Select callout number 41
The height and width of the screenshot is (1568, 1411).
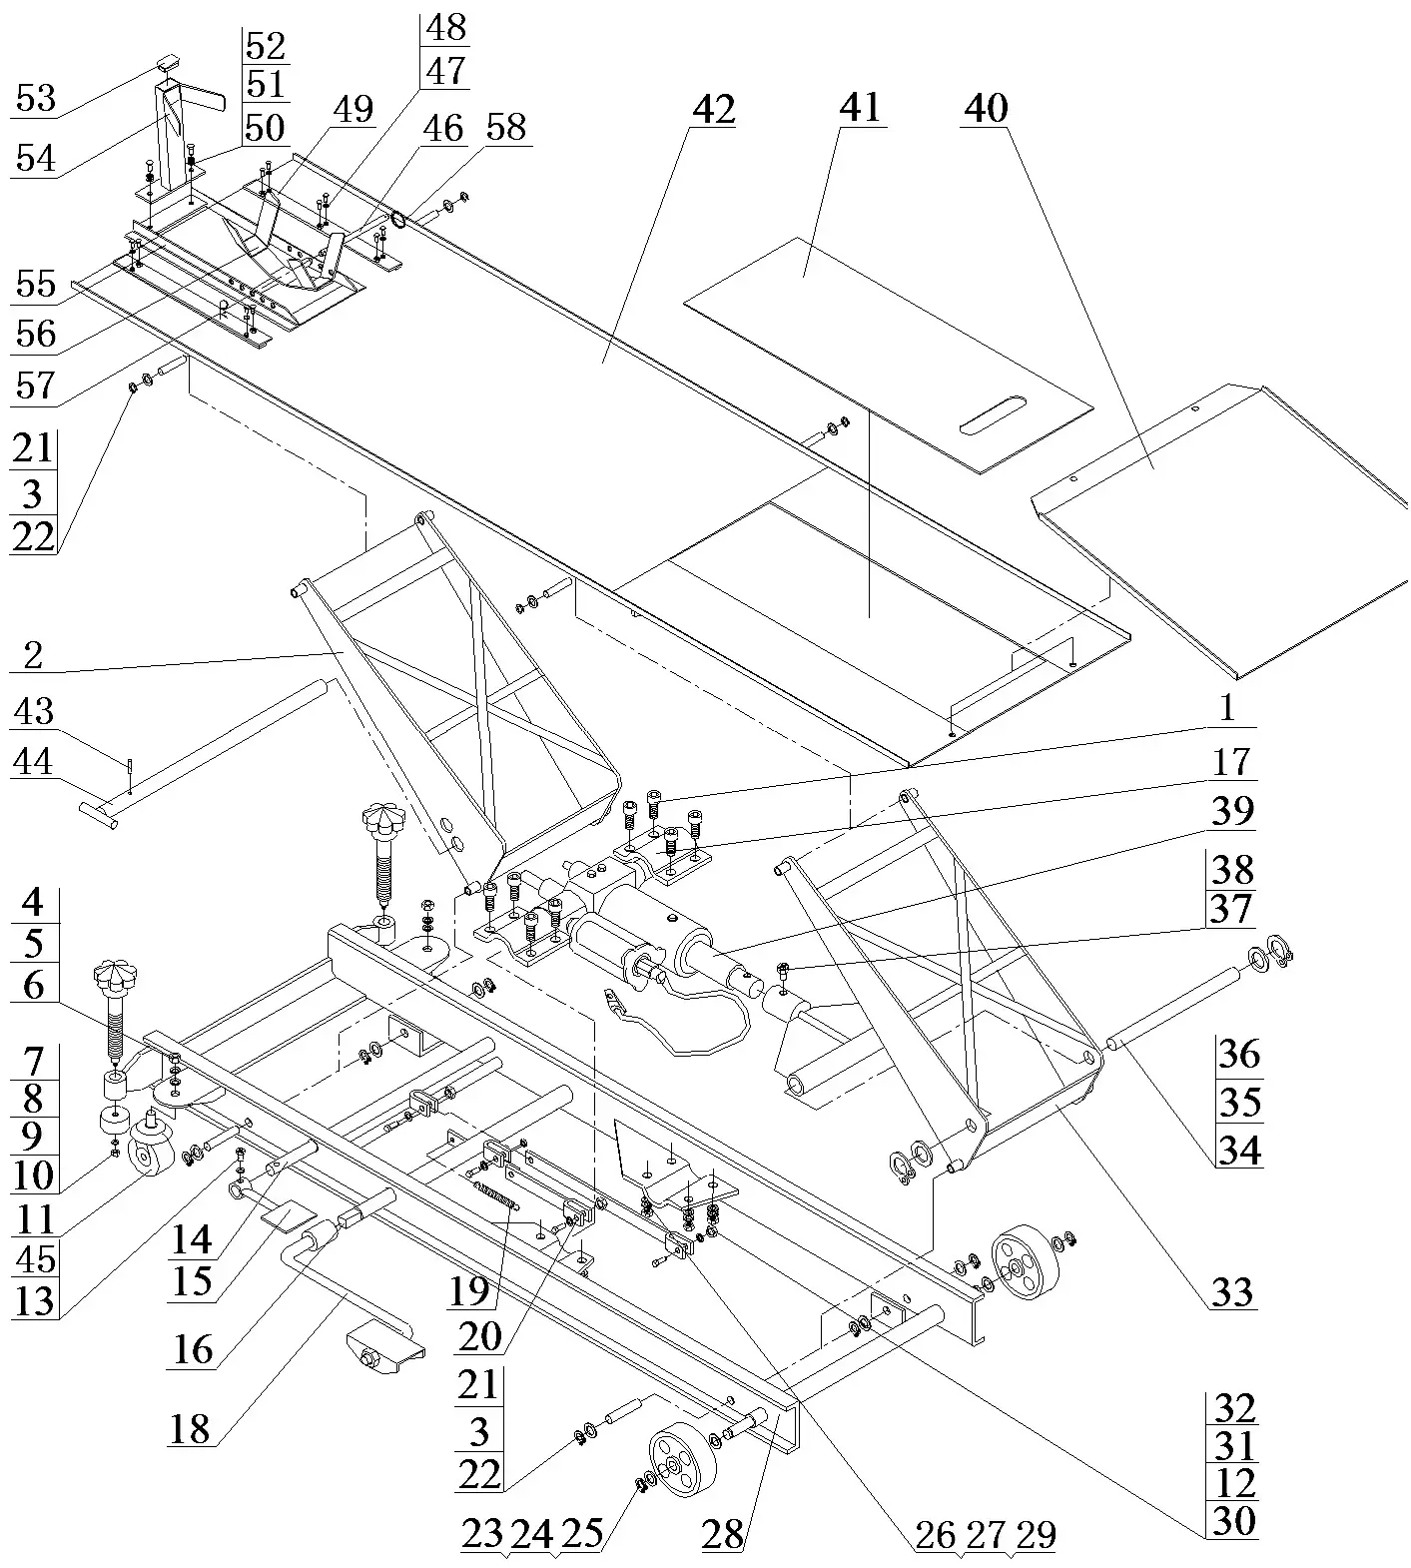tap(860, 106)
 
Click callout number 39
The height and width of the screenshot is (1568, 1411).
tap(1231, 811)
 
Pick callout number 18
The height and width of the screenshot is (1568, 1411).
tap(190, 1428)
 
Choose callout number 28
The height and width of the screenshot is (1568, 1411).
tap(722, 1534)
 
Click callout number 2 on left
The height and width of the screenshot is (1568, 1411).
tap(33, 656)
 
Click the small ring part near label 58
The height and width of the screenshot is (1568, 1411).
tap(399, 219)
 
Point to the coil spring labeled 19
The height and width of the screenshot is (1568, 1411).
tap(496, 1195)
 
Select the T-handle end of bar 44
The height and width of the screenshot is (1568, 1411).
tap(97, 814)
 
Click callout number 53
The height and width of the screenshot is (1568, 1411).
tap(35, 99)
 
